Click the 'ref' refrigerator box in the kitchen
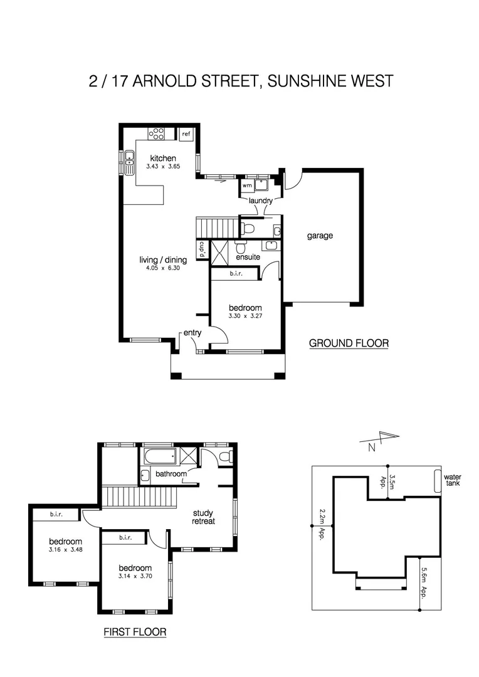click(x=186, y=134)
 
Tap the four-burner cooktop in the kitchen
click(x=157, y=134)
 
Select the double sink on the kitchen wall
click(x=129, y=163)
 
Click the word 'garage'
click(x=320, y=236)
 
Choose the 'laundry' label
click(x=260, y=201)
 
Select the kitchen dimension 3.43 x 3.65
click(x=162, y=167)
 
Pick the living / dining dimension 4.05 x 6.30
click(x=162, y=268)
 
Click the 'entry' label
click(x=192, y=333)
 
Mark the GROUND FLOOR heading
click(x=349, y=344)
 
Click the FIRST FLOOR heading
click(x=135, y=632)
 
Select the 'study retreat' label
click(x=203, y=517)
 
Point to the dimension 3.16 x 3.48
click(x=66, y=550)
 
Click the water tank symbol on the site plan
click(x=438, y=481)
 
